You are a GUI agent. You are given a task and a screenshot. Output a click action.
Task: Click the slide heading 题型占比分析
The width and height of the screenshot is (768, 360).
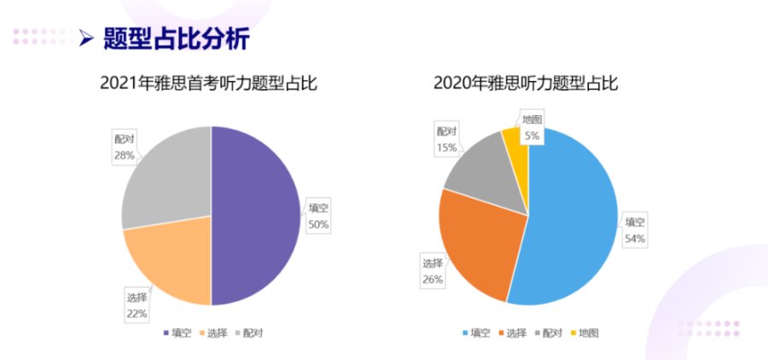(x=176, y=38)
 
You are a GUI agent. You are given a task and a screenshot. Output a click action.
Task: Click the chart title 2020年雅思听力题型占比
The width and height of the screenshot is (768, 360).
(x=525, y=84)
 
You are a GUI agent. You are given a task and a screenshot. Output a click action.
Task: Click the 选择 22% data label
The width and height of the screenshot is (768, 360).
(x=137, y=305)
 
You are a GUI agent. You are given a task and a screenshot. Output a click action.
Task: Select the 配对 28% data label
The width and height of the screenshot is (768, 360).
(x=125, y=147)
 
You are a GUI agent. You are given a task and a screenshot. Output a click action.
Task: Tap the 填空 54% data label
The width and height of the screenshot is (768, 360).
(x=634, y=230)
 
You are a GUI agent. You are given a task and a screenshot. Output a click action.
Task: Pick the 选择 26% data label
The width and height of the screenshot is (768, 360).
(x=433, y=272)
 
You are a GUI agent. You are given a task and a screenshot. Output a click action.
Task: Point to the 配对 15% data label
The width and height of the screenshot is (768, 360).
(x=447, y=140)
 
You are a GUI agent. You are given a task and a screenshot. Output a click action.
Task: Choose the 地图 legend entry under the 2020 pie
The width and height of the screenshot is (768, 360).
(x=585, y=332)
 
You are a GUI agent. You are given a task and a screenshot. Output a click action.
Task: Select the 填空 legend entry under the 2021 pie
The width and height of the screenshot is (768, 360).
(x=177, y=332)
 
